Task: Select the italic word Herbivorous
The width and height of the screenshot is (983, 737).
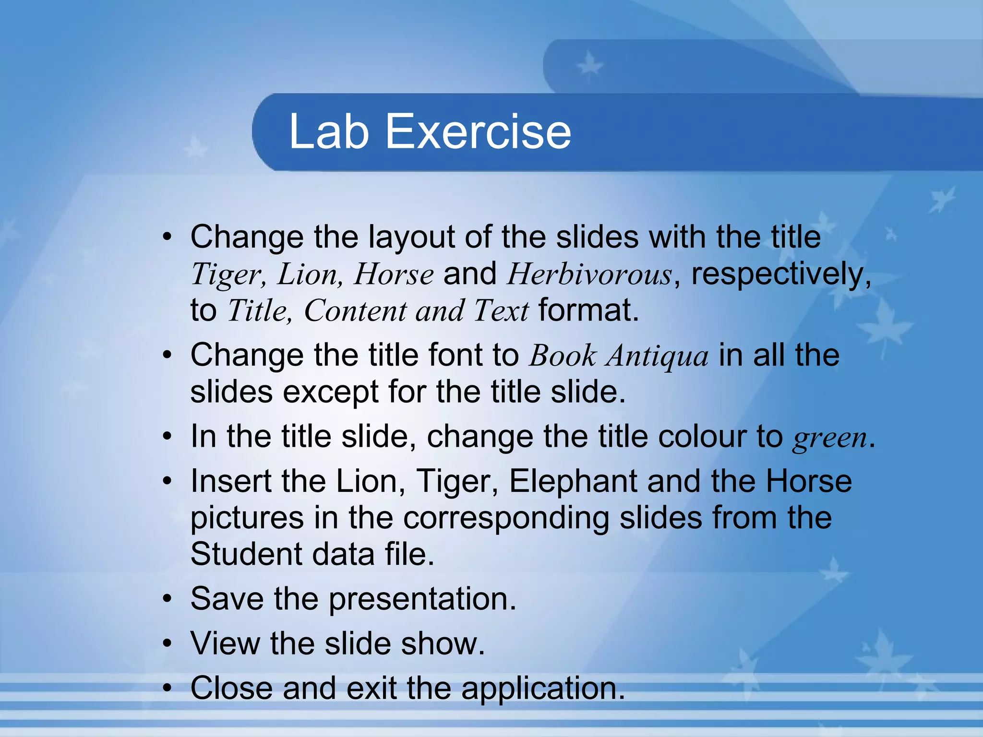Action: [589, 274]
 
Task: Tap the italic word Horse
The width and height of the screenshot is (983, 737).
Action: [394, 274]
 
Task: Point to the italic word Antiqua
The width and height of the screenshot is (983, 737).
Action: [657, 356]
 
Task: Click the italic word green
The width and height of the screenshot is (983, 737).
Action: [830, 438]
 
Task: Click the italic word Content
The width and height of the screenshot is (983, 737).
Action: [355, 311]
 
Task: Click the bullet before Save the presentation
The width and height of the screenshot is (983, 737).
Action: [167, 599]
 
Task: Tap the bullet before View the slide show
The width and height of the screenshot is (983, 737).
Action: [167, 643]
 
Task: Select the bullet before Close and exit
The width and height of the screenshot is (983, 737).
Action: [167, 688]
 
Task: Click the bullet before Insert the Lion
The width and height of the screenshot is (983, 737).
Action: [167, 481]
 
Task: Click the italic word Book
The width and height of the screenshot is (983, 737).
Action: [562, 356]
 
